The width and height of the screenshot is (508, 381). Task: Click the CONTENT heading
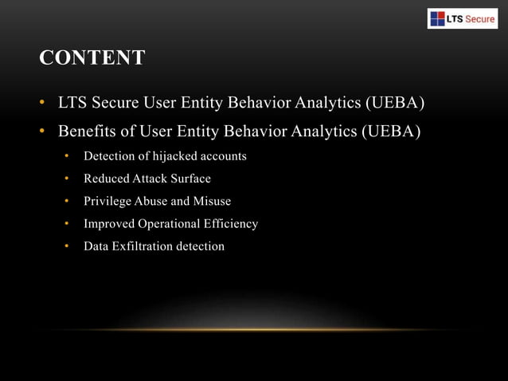[x=92, y=58]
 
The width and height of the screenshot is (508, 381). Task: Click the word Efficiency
[x=232, y=224]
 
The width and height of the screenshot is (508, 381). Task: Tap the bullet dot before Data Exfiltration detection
[x=68, y=246]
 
